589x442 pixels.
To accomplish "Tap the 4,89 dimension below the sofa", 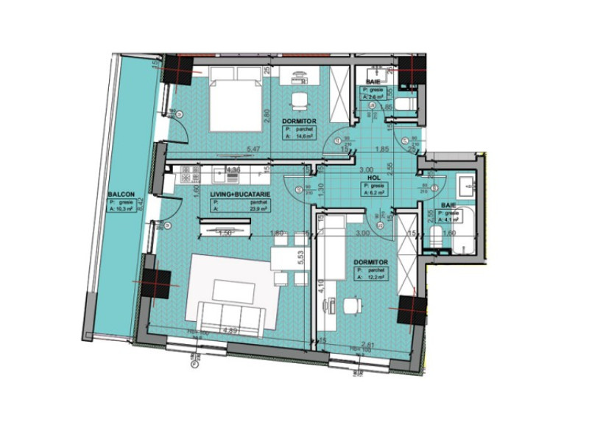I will tap(230, 331).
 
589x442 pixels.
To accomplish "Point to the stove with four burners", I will tap(187, 175).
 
